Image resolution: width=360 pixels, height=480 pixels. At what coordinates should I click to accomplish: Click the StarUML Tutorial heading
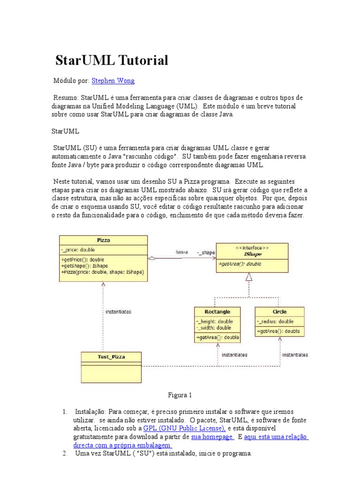click(112, 60)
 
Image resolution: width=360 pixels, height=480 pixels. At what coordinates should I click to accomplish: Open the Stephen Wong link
click(113, 81)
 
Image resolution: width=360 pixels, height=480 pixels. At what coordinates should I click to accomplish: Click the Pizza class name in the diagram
click(103, 240)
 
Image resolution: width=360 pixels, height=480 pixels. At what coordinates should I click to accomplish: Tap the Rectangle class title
click(217, 312)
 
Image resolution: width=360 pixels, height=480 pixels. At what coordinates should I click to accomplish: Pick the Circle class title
click(279, 312)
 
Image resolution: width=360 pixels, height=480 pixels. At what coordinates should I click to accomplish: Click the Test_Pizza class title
click(111, 357)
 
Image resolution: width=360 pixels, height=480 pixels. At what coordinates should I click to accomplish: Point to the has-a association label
click(182, 252)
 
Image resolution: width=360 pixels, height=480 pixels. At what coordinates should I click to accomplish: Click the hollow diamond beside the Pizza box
click(151, 258)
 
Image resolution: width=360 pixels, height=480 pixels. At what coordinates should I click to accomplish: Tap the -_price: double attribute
click(78, 250)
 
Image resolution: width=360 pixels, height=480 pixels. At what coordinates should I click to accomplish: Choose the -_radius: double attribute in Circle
click(275, 322)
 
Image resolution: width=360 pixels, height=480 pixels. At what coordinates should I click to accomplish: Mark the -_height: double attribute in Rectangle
click(216, 322)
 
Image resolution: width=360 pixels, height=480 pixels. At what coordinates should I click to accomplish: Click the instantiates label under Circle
click(295, 355)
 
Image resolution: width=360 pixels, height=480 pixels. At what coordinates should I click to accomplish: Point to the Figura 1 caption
click(180, 395)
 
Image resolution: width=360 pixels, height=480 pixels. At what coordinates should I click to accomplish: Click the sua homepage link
click(212, 436)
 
